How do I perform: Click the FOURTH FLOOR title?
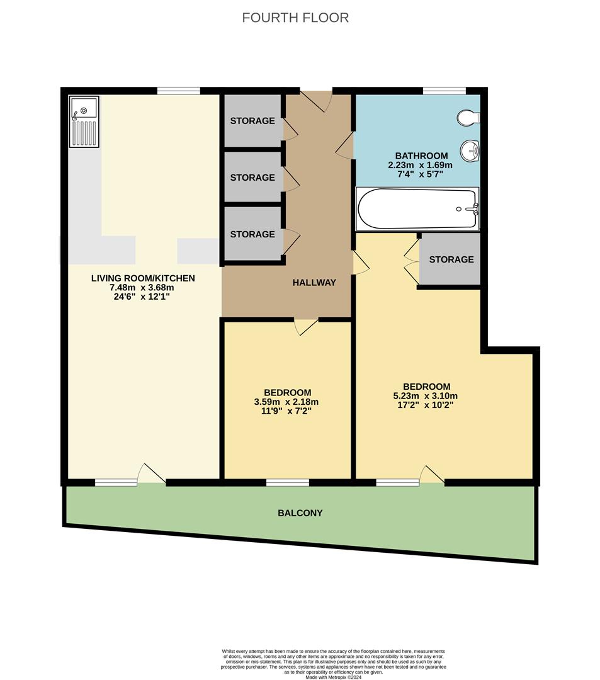click(295, 18)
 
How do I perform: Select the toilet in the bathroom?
click(469, 117)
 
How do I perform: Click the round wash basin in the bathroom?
click(470, 150)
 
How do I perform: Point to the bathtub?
click(417, 208)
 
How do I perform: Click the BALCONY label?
click(300, 513)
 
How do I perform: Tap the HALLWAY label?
click(314, 283)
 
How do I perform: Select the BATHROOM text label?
click(421, 156)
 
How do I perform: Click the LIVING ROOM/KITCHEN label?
click(143, 278)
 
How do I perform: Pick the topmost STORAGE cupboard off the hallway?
click(252, 120)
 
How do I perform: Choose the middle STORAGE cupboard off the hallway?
click(252, 178)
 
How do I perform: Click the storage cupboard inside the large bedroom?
click(451, 259)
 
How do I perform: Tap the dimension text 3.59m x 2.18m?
click(286, 402)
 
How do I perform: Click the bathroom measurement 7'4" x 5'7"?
click(421, 174)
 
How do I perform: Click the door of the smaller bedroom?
click(307, 326)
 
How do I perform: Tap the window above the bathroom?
click(444, 91)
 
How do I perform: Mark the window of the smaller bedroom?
click(288, 483)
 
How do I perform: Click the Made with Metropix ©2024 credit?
click(334, 677)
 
